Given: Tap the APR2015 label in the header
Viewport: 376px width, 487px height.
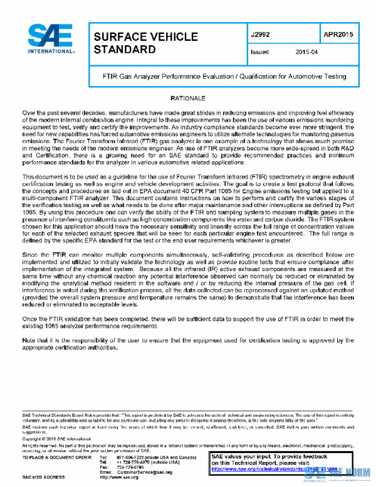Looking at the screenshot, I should tap(337, 33).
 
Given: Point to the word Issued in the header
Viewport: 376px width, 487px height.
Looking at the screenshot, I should tap(259, 53).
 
